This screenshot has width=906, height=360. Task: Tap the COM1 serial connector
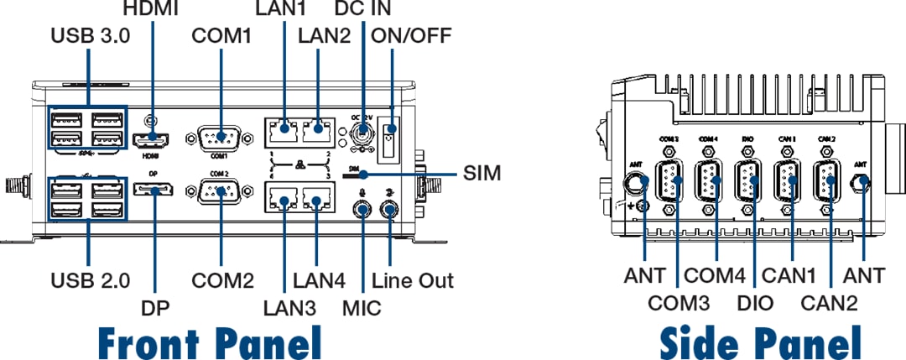pyautogui.click(x=220, y=136)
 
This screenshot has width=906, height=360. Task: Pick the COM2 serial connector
pyautogui.click(x=220, y=193)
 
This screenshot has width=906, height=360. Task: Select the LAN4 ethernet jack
pyautogui.click(x=317, y=201)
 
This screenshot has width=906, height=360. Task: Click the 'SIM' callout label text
pyautogui.click(x=482, y=175)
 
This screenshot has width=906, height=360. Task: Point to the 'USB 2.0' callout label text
pyautogui.click(x=90, y=279)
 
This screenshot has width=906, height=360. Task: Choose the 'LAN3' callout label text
pyautogui.click(x=289, y=307)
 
